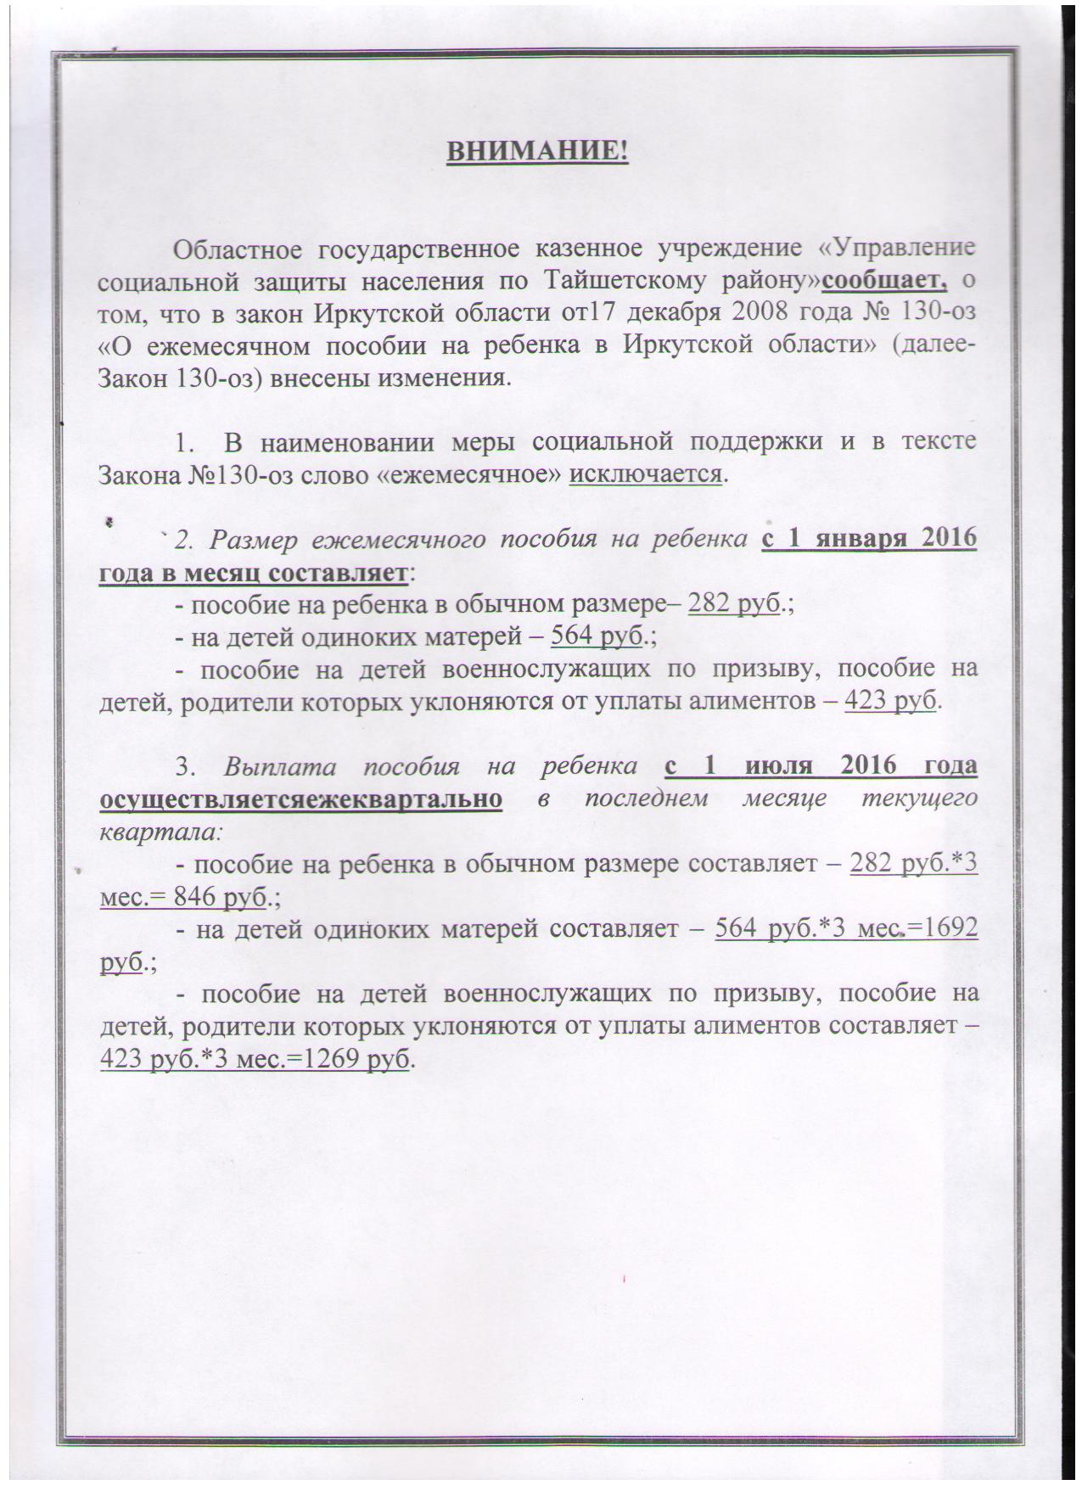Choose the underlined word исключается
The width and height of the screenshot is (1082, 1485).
(x=646, y=473)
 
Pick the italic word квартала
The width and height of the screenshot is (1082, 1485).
(x=158, y=831)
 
